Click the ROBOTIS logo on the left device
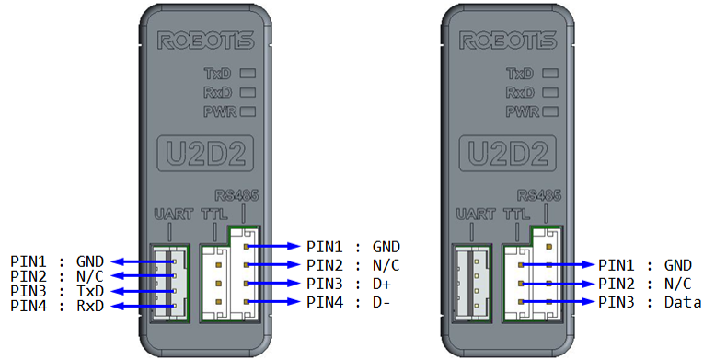tap(205, 41)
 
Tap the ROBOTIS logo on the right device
tap(508, 41)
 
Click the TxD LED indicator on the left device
tap(248, 73)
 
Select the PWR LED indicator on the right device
tap(550, 110)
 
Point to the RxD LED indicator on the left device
tap(248, 92)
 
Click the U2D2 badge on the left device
tap(205, 153)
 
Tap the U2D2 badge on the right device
tap(508, 153)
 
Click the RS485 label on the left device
tap(236, 196)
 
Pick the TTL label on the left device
tap(214, 214)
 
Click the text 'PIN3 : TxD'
tap(57, 291)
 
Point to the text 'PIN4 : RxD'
tap(57, 306)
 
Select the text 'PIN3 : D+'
tap(349, 284)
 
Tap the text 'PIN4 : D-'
tap(349, 302)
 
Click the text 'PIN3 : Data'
tap(650, 302)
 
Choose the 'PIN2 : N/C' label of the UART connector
tap(57, 276)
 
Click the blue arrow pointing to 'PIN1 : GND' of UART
tap(144, 261)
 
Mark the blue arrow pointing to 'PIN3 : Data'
tap(559, 302)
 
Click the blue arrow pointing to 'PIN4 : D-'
tap(274, 302)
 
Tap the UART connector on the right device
tap(471, 284)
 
